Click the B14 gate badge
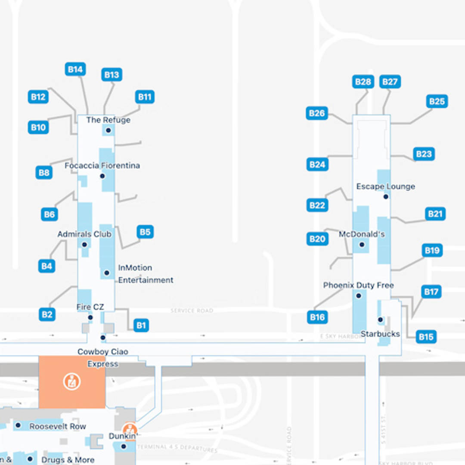[x=75, y=69]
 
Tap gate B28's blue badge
[x=363, y=82]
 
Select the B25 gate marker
[x=437, y=102]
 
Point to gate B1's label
[x=141, y=325]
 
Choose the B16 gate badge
[x=317, y=317]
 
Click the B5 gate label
[x=145, y=232]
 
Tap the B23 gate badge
[x=424, y=154]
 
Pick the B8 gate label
[x=44, y=173]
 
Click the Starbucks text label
[x=380, y=334]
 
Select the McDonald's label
[x=362, y=234]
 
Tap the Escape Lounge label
[x=386, y=186]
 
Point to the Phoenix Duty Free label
[x=358, y=285]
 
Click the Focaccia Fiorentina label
[x=102, y=165]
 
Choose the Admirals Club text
[x=84, y=234]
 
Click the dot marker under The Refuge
[x=108, y=130]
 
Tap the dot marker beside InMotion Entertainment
[x=107, y=273]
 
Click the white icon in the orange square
[x=72, y=381]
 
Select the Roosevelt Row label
[x=58, y=426]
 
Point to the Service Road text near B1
[x=192, y=310]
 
